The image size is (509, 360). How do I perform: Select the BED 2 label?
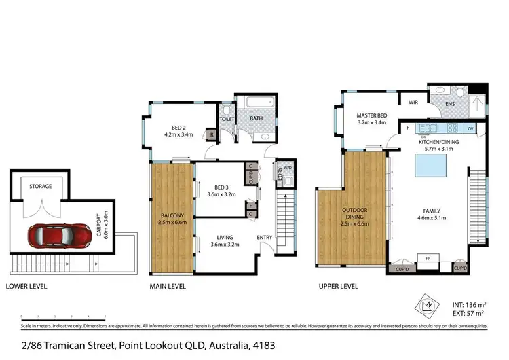coord(178,130)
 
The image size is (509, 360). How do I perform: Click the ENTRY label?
coord(265,237)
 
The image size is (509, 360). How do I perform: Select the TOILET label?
coord(227,118)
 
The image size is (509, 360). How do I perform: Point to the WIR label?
coord(412,103)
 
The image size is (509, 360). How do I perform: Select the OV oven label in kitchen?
coord(470,128)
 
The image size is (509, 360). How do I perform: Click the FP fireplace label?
coord(428,258)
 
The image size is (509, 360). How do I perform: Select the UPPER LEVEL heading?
coord(338,287)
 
